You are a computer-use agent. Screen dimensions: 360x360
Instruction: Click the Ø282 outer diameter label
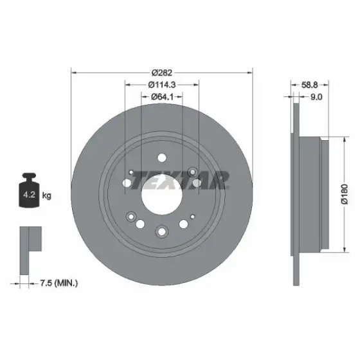click(162, 73)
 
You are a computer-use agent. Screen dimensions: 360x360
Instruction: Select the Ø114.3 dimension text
click(162, 85)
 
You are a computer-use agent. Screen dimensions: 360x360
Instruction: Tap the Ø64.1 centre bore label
click(162, 97)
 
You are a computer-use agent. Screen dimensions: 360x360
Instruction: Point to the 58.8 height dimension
click(309, 85)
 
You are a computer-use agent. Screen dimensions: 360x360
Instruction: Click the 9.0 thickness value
click(316, 97)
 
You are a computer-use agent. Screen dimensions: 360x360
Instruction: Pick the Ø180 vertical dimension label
click(345, 194)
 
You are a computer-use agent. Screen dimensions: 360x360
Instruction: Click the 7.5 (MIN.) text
click(59, 283)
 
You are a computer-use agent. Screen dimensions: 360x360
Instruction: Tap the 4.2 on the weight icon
click(29, 195)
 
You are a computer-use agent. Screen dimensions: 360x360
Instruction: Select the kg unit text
click(46, 196)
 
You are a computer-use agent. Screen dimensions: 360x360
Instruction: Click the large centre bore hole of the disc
click(162, 195)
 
